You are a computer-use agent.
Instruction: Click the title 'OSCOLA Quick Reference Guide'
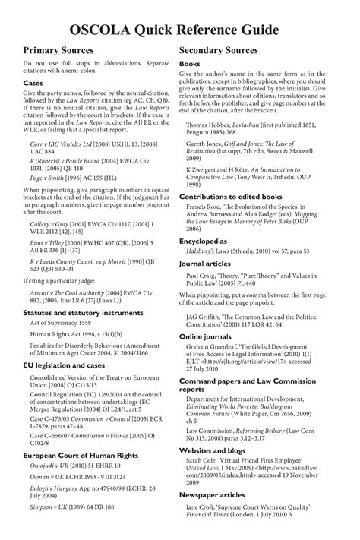click(179, 30)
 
